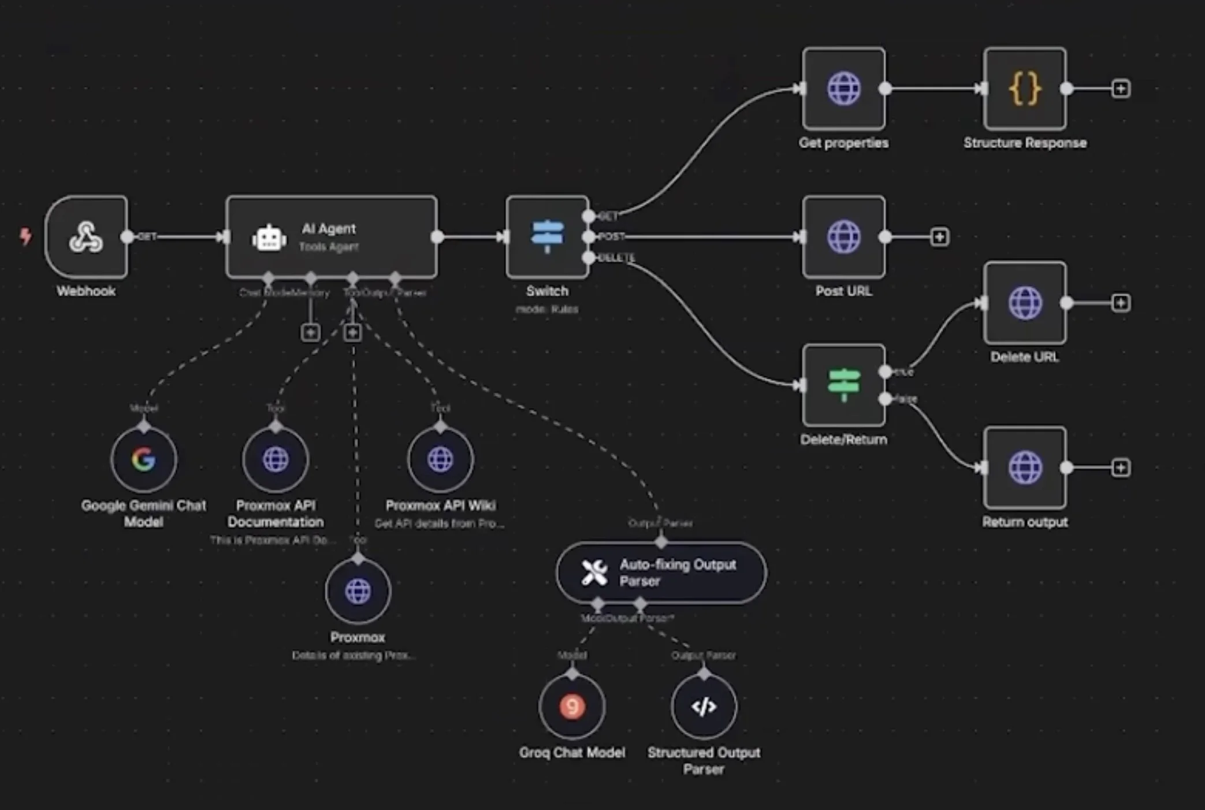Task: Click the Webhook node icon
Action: tap(86, 237)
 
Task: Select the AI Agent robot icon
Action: tap(269, 237)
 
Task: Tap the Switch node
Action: tap(547, 237)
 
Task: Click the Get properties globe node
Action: tap(843, 88)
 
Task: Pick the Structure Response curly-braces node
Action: tap(1025, 88)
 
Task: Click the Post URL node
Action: tap(843, 237)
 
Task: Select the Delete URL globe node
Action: tap(1025, 303)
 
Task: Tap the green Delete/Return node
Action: tap(843, 385)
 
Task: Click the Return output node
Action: tap(1025, 467)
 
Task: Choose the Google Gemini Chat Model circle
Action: tap(144, 459)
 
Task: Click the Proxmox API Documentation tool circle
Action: tap(276, 459)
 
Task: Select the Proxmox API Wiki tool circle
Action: tap(440, 459)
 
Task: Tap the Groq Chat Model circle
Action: tap(572, 706)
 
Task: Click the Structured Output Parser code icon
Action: tap(704, 706)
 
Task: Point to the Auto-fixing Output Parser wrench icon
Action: tap(594, 573)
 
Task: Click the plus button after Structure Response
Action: tap(1121, 88)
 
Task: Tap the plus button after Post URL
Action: tap(939, 237)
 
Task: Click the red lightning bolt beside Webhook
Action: tap(25, 236)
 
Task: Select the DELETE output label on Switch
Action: tap(617, 258)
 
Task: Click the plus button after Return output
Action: tap(1121, 467)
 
